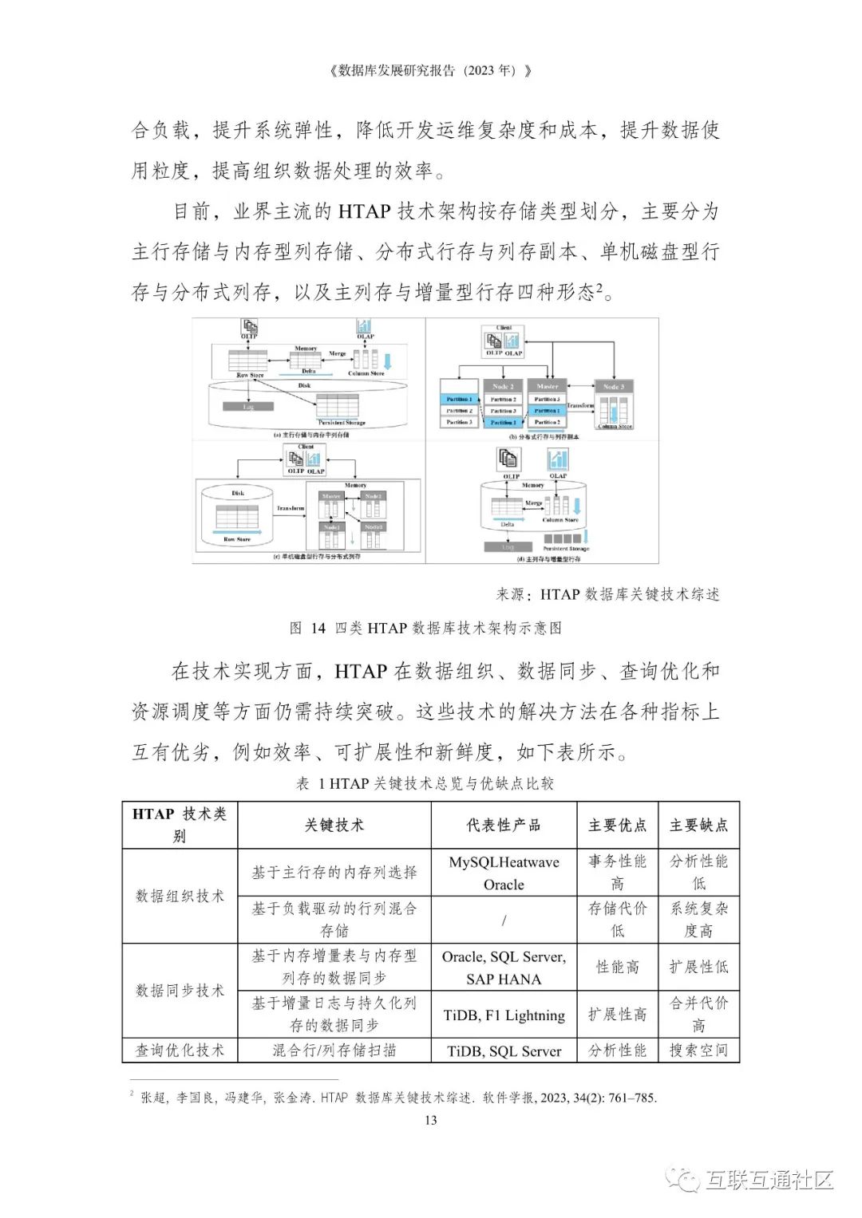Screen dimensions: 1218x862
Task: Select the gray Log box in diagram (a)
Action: [x=248, y=407]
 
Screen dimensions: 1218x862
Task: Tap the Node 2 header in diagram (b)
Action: [x=502, y=386]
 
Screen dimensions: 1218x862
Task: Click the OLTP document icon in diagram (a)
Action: [x=250, y=326]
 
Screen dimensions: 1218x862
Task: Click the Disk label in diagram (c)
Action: [x=238, y=493]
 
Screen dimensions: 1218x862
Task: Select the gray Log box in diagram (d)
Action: [x=508, y=547]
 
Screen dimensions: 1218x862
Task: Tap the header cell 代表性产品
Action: [x=504, y=826]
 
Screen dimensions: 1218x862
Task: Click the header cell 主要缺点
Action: [x=698, y=826]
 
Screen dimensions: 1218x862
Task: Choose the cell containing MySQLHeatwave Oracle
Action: [x=504, y=873]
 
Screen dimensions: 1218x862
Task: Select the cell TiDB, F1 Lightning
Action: [x=504, y=1015]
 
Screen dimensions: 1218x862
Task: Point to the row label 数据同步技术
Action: [x=180, y=991]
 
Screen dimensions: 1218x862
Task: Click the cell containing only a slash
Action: [x=504, y=920]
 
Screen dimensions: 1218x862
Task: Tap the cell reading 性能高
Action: [x=617, y=967]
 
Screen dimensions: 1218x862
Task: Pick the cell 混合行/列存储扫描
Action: [x=334, y=1050]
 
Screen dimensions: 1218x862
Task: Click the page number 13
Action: [x=430, y=1120]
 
